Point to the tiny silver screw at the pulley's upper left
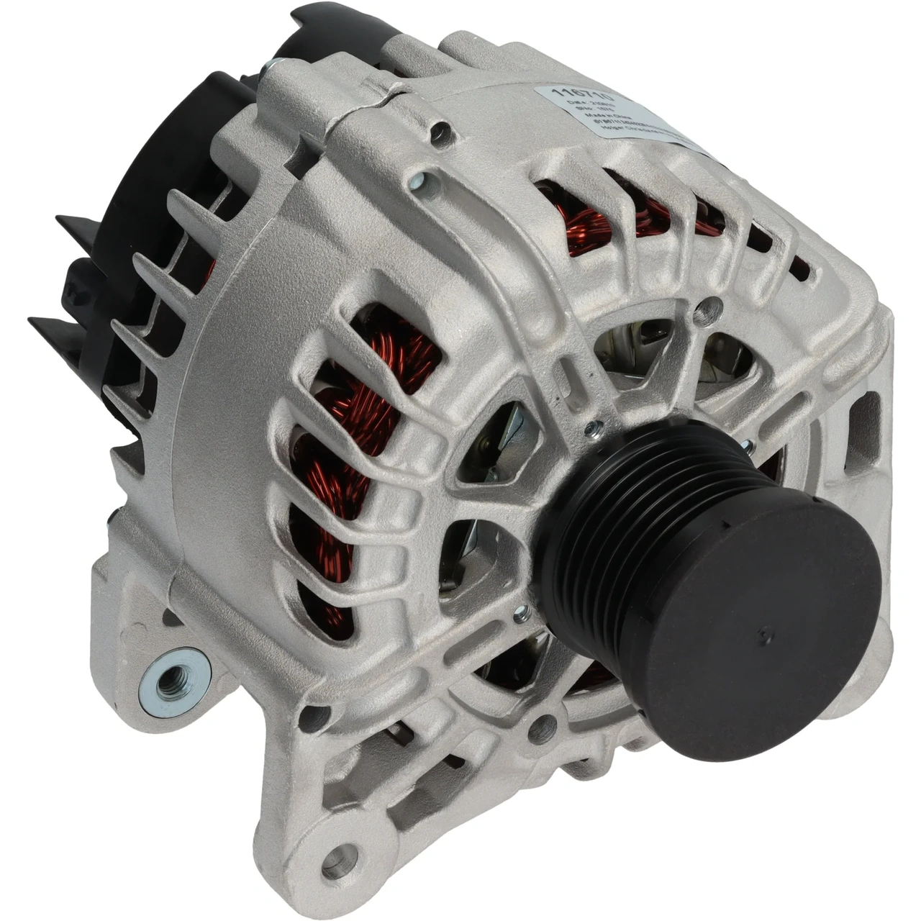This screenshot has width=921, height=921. pyautogui.click(x=592, y=430)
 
